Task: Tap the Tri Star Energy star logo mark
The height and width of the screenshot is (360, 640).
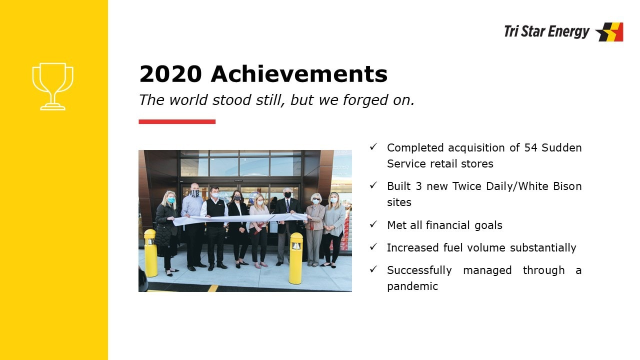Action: [609, 32]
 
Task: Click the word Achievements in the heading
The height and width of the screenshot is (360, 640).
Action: [299, 74]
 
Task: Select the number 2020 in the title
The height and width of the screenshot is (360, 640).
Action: [170, 74]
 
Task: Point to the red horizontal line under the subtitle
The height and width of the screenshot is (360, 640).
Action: [177, 121]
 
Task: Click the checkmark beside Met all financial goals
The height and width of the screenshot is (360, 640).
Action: [373, 224]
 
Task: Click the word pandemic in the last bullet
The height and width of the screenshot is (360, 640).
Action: [412, 286]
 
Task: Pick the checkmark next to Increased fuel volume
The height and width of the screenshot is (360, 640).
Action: [373, 246]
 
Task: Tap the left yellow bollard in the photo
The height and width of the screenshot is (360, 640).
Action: [150, 253]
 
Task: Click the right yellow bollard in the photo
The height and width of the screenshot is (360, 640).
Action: [295, 258]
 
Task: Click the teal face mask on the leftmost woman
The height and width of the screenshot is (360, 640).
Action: [171, 200]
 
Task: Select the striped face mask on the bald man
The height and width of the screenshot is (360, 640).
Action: [195, 193]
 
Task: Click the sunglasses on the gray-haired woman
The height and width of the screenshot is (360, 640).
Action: [316, 199]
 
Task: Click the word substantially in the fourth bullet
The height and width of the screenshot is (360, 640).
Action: [543, 248]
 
